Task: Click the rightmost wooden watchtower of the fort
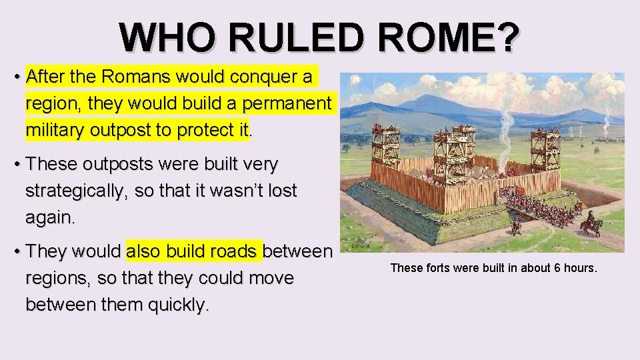545,150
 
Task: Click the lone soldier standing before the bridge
515,225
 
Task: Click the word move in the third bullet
269,278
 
